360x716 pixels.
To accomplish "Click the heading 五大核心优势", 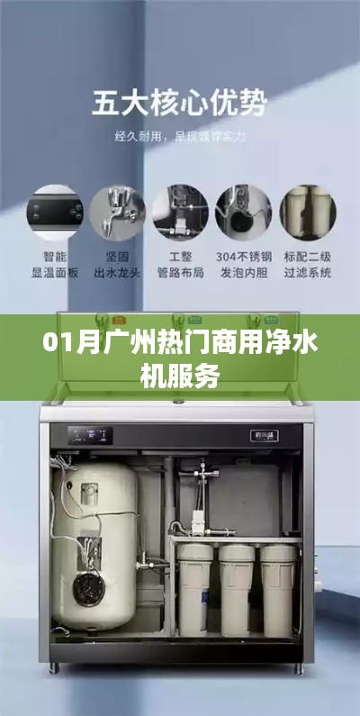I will click(x=179, y=104).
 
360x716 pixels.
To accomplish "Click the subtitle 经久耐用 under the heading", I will click(x=179, y=137).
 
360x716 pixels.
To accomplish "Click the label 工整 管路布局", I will click(x=180, y=264).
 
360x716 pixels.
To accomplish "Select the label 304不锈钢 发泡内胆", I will click(x=243, y=264).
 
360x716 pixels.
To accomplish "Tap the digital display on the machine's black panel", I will click(x=90, y=435).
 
